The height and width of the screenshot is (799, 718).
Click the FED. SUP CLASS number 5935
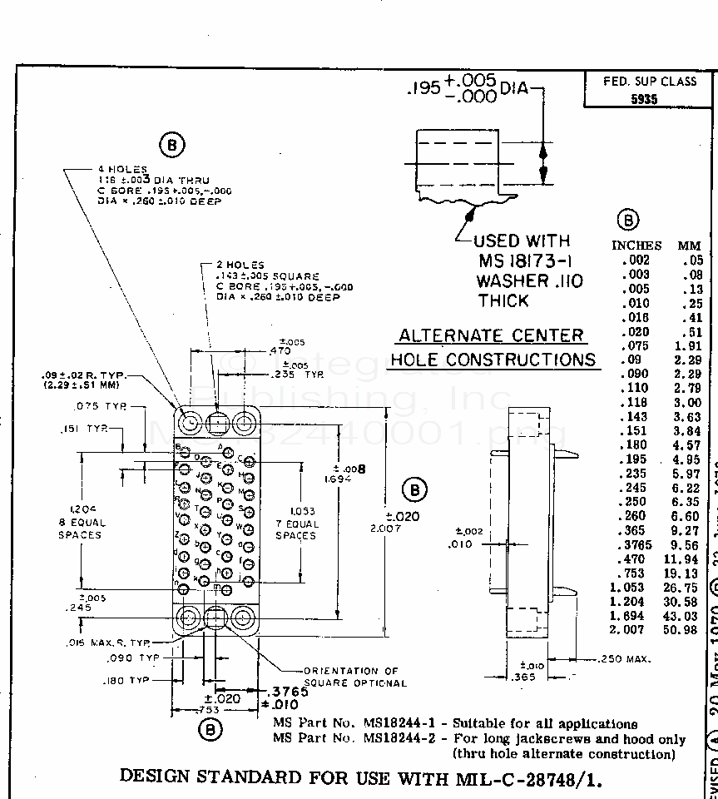[643, 99]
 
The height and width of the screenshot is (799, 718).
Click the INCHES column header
[636, 246]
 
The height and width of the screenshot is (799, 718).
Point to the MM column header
[689, 246]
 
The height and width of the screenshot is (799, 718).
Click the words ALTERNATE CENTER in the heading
[491, 335]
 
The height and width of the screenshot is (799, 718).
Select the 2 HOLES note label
[241, 266]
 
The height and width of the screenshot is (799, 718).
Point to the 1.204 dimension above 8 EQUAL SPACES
[82, 510]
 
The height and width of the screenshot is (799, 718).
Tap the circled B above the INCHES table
[627, 221]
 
